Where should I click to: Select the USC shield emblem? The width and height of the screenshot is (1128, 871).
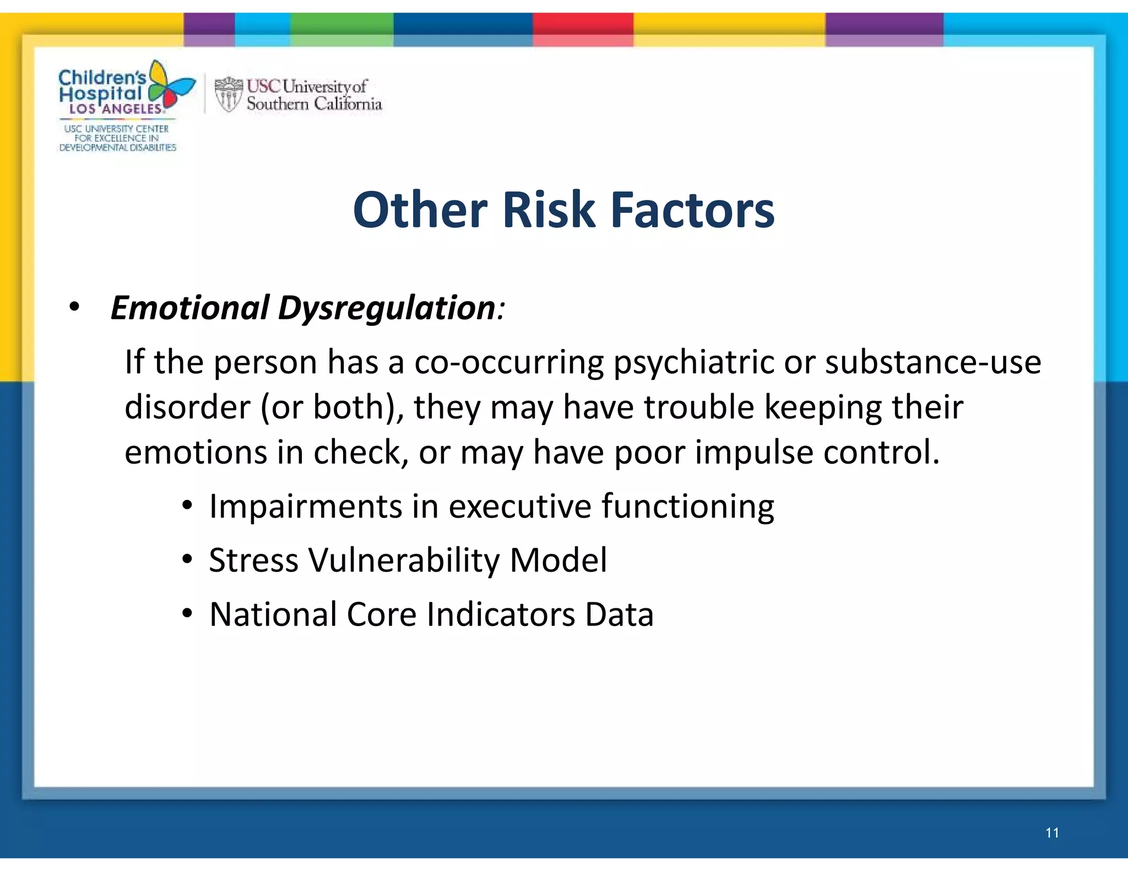(x=228, y=95)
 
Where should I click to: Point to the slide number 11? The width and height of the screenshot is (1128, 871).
(x=1052, y=833)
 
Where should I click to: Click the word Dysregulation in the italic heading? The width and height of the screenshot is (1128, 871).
(x=387, y=307)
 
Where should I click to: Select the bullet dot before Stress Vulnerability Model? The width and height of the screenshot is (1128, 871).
(x=187, y=560)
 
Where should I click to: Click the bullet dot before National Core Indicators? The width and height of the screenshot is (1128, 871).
(x=187, y=613)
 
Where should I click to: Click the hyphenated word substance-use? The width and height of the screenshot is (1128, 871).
(x=933, y=362)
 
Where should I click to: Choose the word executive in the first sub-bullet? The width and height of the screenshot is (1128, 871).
(x=519, y=506)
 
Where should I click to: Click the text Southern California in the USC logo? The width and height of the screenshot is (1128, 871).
(x=314, y=104)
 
